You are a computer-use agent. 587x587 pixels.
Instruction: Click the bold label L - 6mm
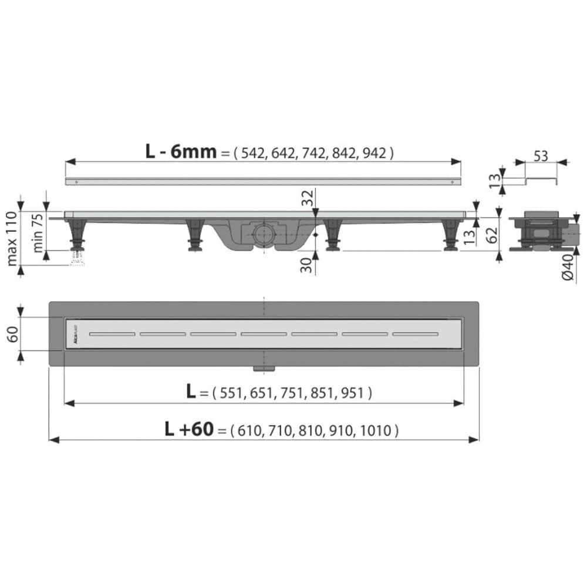pyautogui.click(x=181, y=152)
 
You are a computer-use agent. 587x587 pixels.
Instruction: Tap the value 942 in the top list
pyautogui.click(x=375, y=153)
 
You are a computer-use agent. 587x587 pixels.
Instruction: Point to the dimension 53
pyautogui.click(x=541, y=157)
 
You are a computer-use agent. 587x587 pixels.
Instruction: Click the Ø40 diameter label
pyautogui.click(x=568, y=267)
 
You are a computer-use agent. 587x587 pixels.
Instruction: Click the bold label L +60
pyautogui.click(x=189, y=430)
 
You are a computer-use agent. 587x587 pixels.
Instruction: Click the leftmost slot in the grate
pyautogui.click(x=112, y=334)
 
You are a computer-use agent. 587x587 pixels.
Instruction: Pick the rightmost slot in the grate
pyautogui.click(x=416, y=334)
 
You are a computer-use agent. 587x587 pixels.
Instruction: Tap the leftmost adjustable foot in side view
pyautogui.click(x=76, y=235)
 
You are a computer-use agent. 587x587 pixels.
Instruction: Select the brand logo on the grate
pyautogui.click(x=75, y=334)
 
